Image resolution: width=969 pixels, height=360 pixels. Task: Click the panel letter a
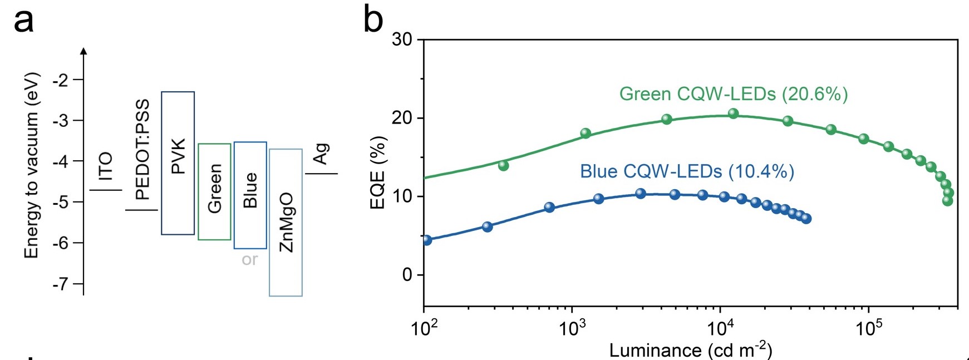(23, 21)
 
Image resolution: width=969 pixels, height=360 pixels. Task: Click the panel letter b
(373, 20)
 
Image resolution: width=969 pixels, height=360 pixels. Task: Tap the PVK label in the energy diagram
(178, 157)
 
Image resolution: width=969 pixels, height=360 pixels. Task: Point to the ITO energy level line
(106, 190)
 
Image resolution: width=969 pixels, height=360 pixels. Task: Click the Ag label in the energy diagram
(321, 154)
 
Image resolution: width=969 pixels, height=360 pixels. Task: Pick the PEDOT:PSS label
(142, 149)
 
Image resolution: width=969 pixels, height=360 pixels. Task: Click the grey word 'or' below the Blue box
(250, 259)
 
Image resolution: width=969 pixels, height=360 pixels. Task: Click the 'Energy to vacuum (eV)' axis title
(32, 165)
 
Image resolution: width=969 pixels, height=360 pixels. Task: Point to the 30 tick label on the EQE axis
(402, 40)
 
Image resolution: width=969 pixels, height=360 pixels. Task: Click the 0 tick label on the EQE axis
(407, 275)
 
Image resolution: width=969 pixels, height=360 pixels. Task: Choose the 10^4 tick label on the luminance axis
(720, 328)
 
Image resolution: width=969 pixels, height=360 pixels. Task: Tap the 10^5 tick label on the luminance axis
(868, 328)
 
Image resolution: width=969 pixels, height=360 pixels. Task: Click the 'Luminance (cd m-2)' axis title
(691, 350)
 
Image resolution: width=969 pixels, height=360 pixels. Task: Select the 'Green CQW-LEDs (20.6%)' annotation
(734, 94)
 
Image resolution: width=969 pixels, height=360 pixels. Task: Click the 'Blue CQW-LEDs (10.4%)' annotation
(687, 171)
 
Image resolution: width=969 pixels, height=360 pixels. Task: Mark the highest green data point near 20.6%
(733, 114)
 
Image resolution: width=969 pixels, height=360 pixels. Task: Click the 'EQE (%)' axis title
(378, 172)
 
